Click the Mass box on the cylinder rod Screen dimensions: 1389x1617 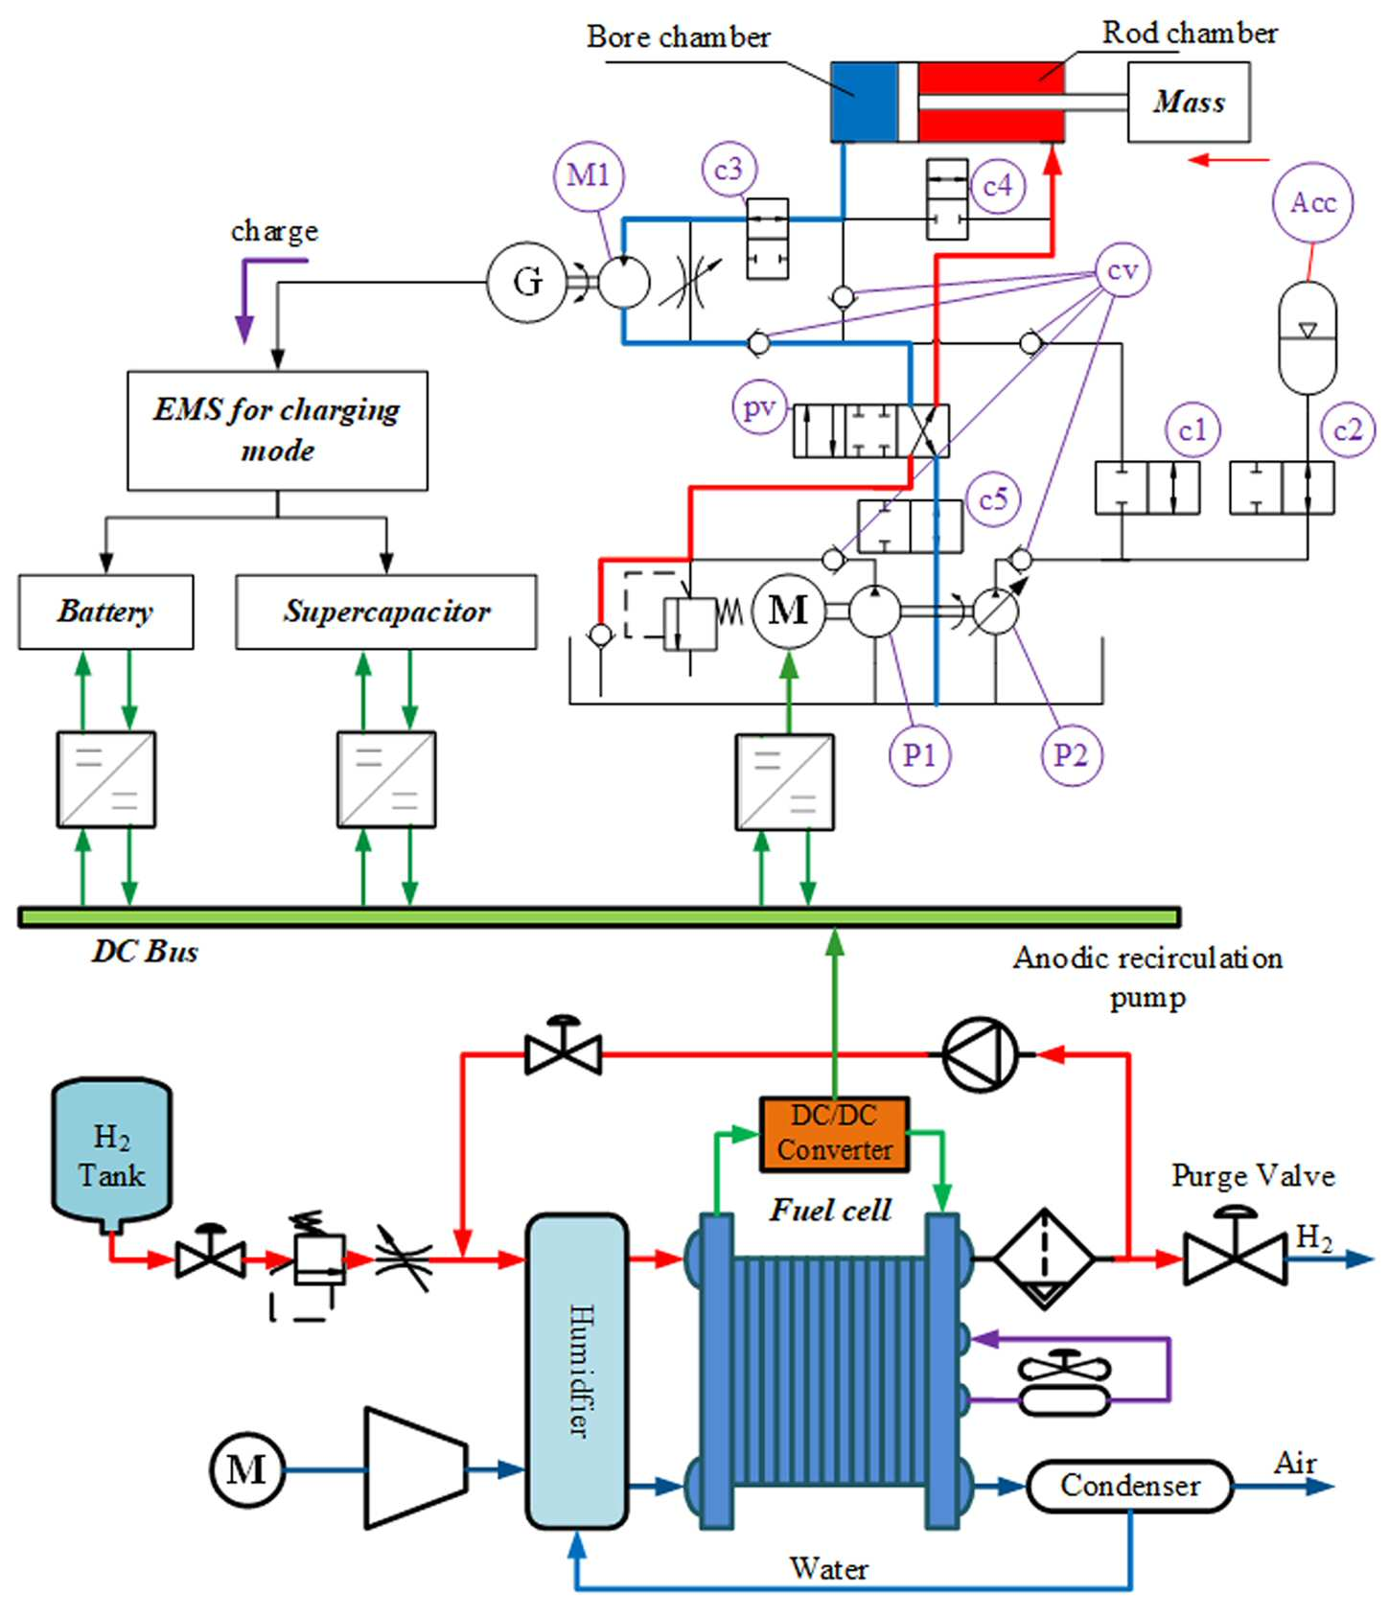coord(1188,102)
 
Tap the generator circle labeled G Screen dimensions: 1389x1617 coord(526,282)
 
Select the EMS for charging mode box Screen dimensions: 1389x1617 coord(277,430)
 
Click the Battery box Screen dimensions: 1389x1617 coord(105,612)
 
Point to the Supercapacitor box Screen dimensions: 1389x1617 coord(386,612)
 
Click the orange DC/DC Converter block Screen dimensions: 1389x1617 coord(834,1133)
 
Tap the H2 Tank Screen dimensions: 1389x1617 coord(111,1155)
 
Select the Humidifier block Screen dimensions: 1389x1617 coord(577,1371)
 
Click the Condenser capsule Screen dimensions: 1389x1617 coord(1129,1486)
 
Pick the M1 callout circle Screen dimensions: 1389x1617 coord(589,175)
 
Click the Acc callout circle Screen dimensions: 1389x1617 coord(1313,202)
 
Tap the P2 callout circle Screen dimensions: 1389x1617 coord(1071,755)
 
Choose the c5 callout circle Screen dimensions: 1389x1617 coord(993,498)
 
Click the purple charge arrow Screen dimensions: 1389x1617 coord(259,294)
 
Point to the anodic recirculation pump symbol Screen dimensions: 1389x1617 coord(980,1054)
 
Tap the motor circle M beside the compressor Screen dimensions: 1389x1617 coord(246,1469)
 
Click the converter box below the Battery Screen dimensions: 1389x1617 coord(105,779)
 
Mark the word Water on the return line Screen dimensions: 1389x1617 coord(829,1568)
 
